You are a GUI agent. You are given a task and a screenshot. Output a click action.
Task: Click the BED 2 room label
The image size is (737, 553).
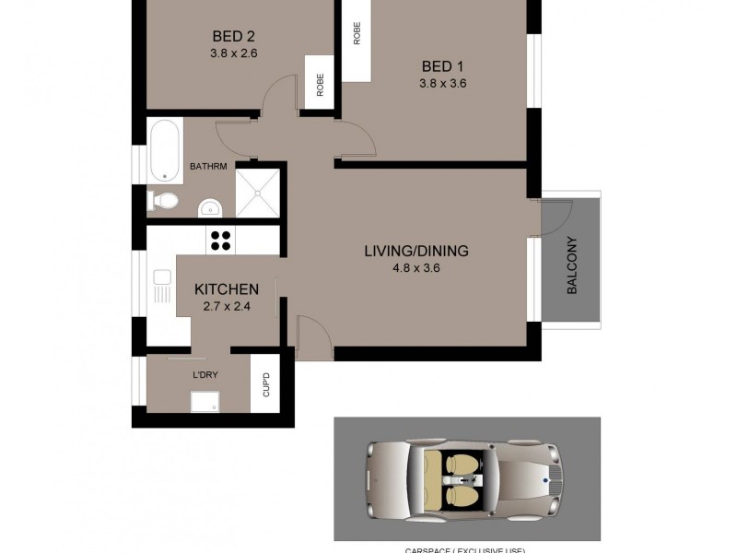click(x=233, y=37)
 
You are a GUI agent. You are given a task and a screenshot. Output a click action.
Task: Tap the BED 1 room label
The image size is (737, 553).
click(x=443, y=66)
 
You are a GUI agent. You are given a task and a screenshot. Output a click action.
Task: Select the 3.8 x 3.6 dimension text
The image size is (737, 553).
click(x=443, y=83)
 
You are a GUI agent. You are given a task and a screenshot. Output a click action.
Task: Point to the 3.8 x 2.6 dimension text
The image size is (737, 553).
click(x=233, y=53)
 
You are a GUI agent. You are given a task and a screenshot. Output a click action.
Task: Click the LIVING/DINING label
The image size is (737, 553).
click(x=416, y=251)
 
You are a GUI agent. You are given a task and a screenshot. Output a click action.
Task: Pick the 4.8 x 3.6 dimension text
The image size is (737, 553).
click(x=416, y=269)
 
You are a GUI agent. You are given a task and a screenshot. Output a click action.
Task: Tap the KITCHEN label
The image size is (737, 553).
click(x=226, y=289)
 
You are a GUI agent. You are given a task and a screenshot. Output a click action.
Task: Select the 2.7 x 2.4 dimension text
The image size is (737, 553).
click(x=226, y=307)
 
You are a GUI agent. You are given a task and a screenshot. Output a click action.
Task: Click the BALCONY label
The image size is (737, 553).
click(x=572, y=266)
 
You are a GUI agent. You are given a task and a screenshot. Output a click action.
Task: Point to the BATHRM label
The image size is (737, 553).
click(x=208, y=167)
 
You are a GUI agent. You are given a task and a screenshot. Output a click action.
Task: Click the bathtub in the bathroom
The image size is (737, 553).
click(x=166, y=149)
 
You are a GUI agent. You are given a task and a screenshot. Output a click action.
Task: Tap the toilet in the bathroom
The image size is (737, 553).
click(x=164, y=201)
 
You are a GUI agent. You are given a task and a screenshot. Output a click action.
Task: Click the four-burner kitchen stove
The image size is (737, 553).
click(x=221, y=240)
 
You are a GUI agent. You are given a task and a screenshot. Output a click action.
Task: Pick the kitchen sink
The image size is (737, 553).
click(x=161, y=285)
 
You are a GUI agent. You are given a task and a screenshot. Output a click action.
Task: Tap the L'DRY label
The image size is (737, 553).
click(x=205, y=376)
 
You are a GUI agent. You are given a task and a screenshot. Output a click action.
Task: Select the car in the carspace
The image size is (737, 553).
click(x=467, y=477)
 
